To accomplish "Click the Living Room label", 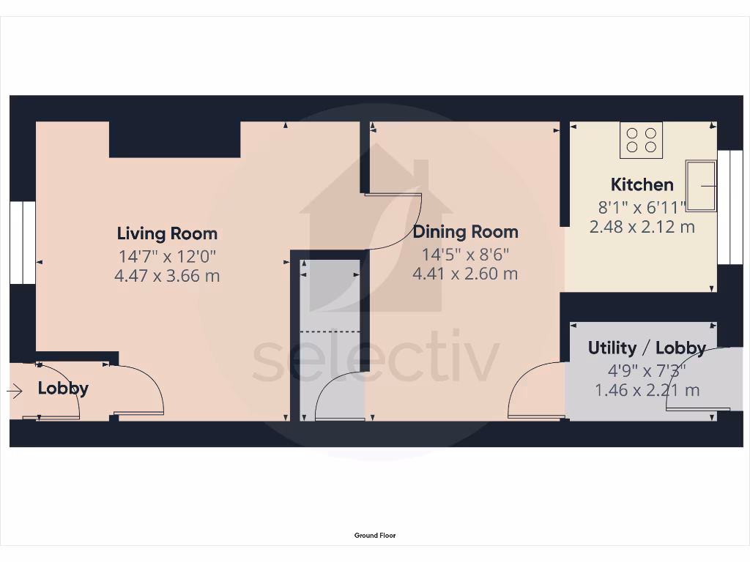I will coord(167,234).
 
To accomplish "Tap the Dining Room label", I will coord(465,233).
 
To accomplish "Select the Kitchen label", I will coord(642,184).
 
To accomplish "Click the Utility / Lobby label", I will coord(647,348).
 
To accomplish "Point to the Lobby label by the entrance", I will coord(63,389).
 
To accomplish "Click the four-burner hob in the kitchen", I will coord(642,140).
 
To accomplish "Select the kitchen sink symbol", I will coord(701,186).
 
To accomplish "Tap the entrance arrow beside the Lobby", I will coord(15,392).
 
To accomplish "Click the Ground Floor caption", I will coord(375,536).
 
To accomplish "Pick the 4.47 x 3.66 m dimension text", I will coord(167,277).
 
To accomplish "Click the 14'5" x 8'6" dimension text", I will coord(465,255).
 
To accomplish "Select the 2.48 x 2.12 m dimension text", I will coord(642,227).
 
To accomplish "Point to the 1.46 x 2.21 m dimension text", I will coord(647,390).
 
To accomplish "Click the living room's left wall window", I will coord(23,242).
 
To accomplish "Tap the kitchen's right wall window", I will coord(729,207).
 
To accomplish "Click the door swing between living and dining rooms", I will coord(399,220).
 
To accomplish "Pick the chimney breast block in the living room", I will coord(174,140).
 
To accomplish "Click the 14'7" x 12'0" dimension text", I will coord(167,256).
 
